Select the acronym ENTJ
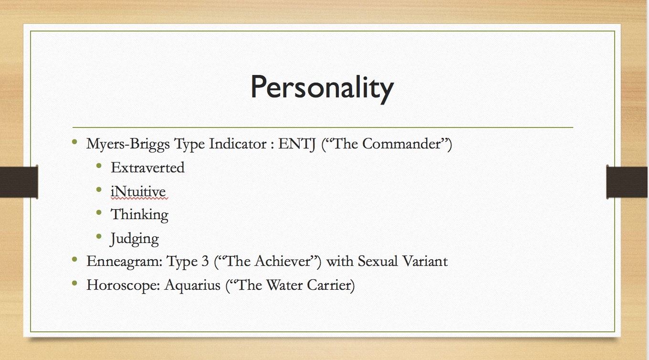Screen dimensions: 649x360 pos(297,144)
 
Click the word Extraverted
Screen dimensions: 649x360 pos(147,167)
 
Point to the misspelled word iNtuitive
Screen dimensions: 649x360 pos(138,191)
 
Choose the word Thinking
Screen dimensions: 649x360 pos(139,215)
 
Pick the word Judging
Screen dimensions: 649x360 pos(135,239)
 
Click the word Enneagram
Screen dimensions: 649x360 pos(124,262)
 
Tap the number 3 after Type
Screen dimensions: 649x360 pos(205,261)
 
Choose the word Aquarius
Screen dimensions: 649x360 pos(192,285)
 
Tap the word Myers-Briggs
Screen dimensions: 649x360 pos(128,144)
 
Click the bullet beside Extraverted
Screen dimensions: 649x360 pos(99,166)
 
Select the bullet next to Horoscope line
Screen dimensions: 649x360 pos(74,283)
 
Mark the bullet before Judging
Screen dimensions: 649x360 pos(99,236)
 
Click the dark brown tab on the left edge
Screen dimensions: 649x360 pos(19,182)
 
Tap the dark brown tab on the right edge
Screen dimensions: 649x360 pos(627,182)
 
